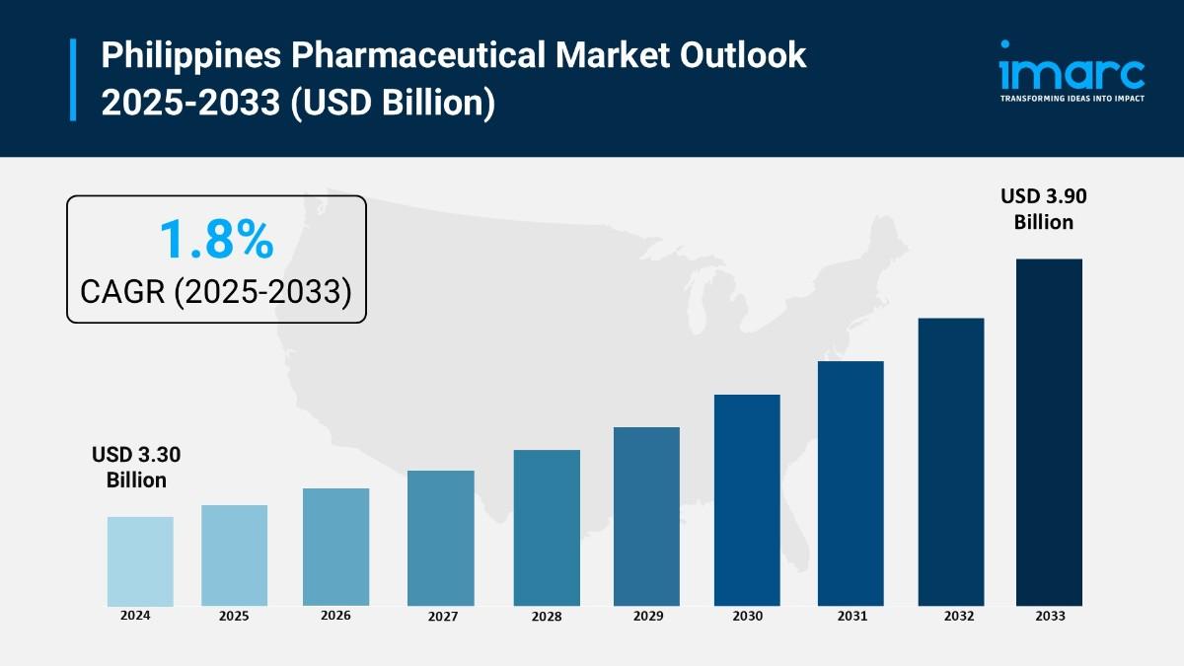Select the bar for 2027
(x=440, y=538)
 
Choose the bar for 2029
(x=646, y=516)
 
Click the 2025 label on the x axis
(x=234, y=616)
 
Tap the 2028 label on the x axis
(x=546, y=617)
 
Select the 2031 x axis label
(x=851, y=616)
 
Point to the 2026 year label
(x=335, y=615)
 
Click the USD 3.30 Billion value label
(x=136, y=468)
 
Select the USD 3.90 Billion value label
(x=1043, y=209)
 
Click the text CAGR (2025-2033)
(x=215, y=291)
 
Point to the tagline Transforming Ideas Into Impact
(x=1072, y=99)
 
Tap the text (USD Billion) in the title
(x=391, y=103)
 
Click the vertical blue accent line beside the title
(x=73, y=80)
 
